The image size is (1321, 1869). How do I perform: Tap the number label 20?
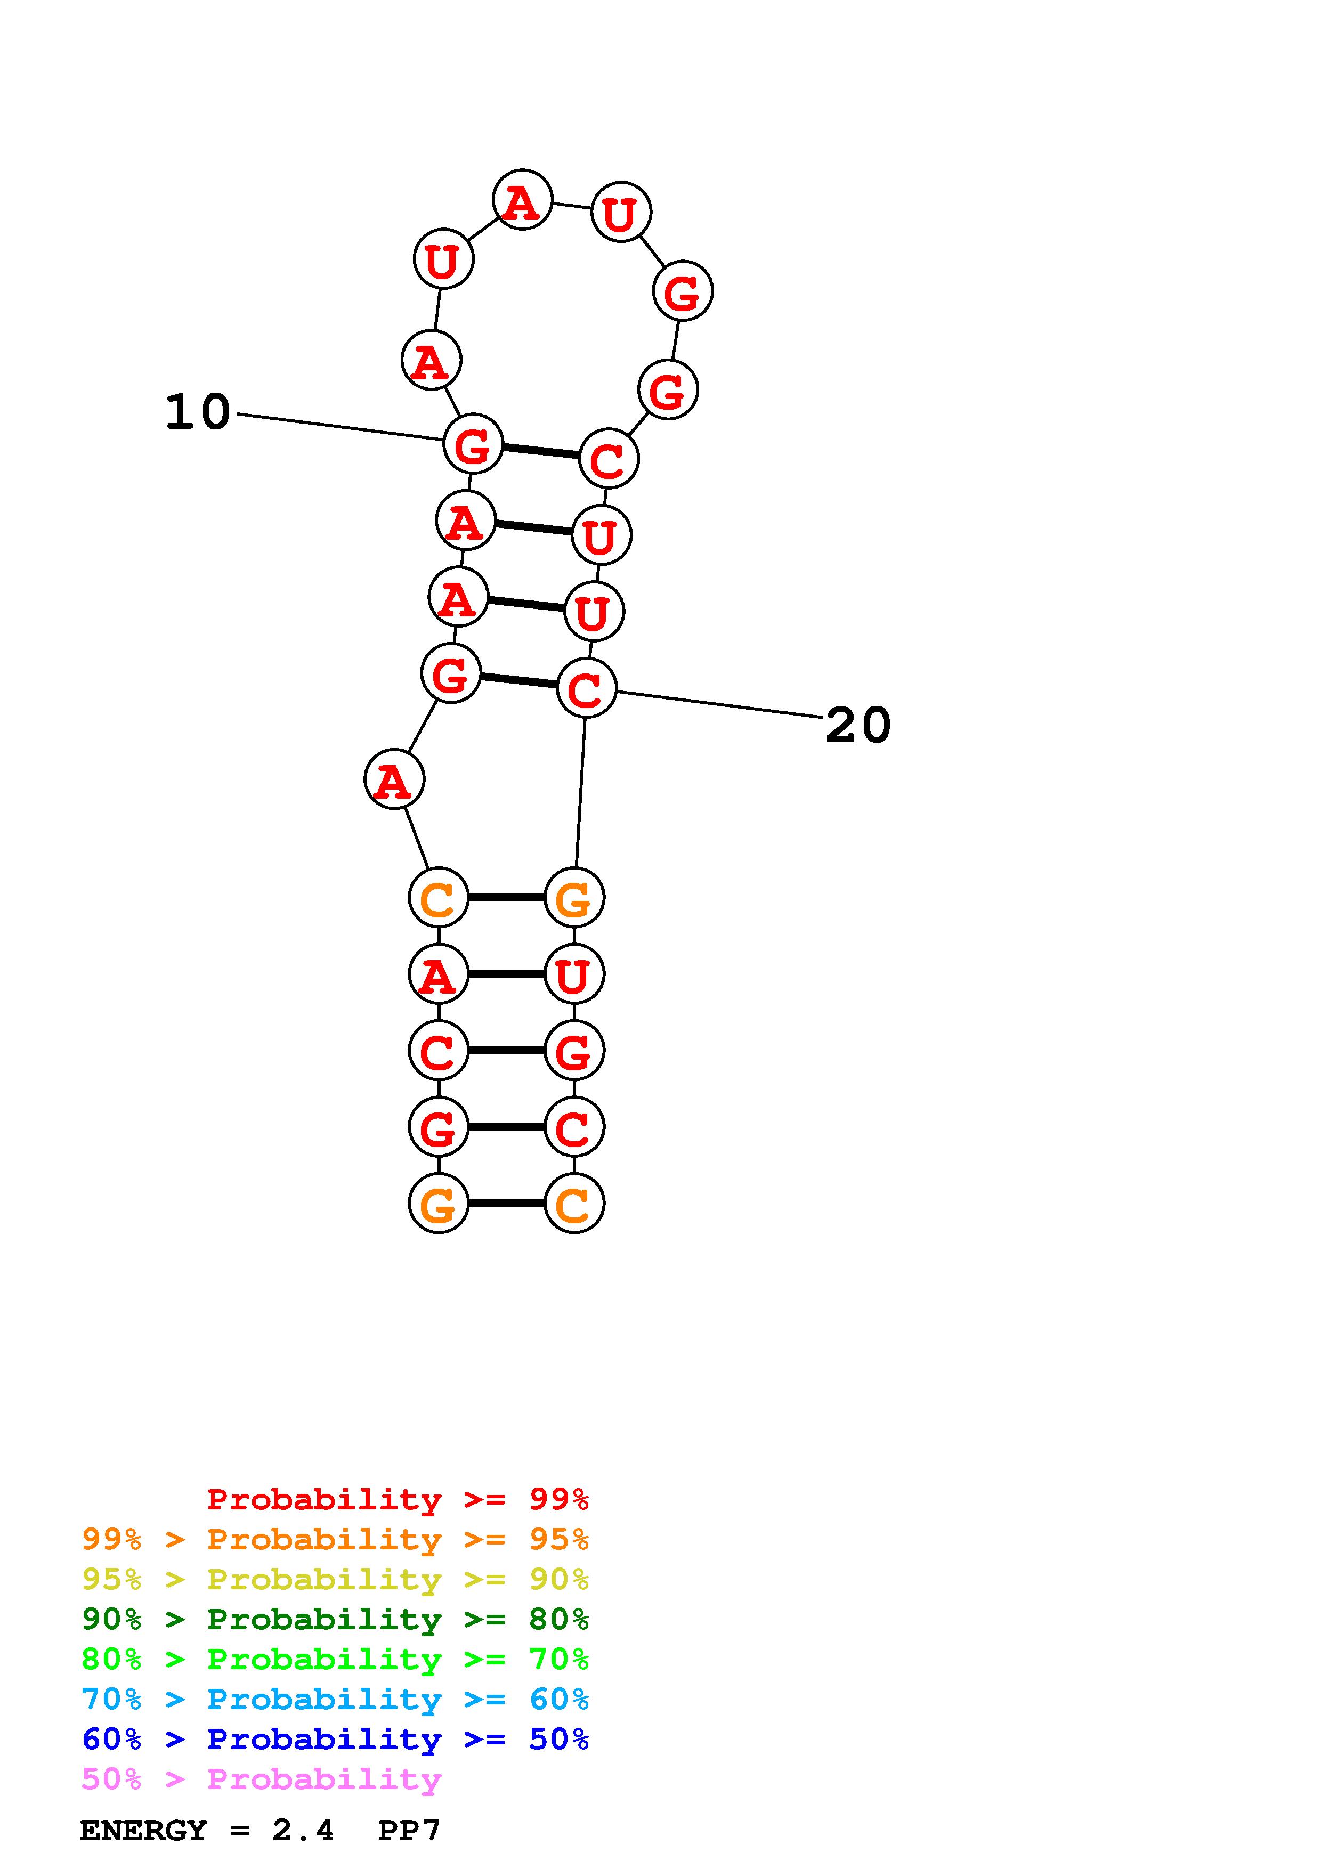[x=858, y=725]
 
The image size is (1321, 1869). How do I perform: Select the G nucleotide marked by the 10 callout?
[x=473, y=444]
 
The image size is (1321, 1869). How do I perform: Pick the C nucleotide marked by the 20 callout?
[x=586, y=689]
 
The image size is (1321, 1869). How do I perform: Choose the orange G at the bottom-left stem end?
[x=439, y=1203]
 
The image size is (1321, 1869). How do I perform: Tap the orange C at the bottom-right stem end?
[x=574, y=1203]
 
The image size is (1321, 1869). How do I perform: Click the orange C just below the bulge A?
[x=439, y=898]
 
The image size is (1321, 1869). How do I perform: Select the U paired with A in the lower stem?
[x=574, y=974]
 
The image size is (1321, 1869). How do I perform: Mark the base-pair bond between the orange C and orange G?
[x=506, y=898]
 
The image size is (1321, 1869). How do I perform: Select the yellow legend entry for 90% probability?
[x=335, y=1580]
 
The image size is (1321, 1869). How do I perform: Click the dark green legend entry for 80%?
[x=335, y=1620]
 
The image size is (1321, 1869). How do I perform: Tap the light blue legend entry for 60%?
[x=335, y=1700]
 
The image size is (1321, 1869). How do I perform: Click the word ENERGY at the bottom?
[x=143, y=1831]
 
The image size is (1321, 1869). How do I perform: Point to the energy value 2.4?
[x=303, y=1831]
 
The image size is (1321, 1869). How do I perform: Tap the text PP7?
[x=409, y=1831]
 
